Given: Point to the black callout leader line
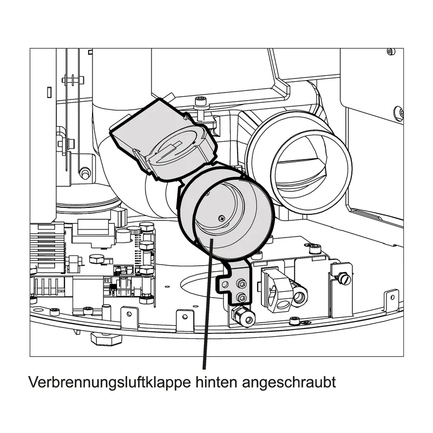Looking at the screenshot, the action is click(208, 304).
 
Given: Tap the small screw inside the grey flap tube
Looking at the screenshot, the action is click(222, 219).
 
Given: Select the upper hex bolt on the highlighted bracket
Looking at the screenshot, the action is click(241, 284).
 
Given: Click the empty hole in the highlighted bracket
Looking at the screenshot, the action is click(225, 284).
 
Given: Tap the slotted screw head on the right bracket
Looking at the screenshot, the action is click(345, 279).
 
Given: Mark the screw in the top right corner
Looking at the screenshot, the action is click(390, 51).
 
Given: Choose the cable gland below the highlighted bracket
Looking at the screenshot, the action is click(244, 316).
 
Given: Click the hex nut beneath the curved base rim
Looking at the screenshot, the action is click(106, 339).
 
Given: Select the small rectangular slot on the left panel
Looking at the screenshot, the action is click(49, 92).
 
